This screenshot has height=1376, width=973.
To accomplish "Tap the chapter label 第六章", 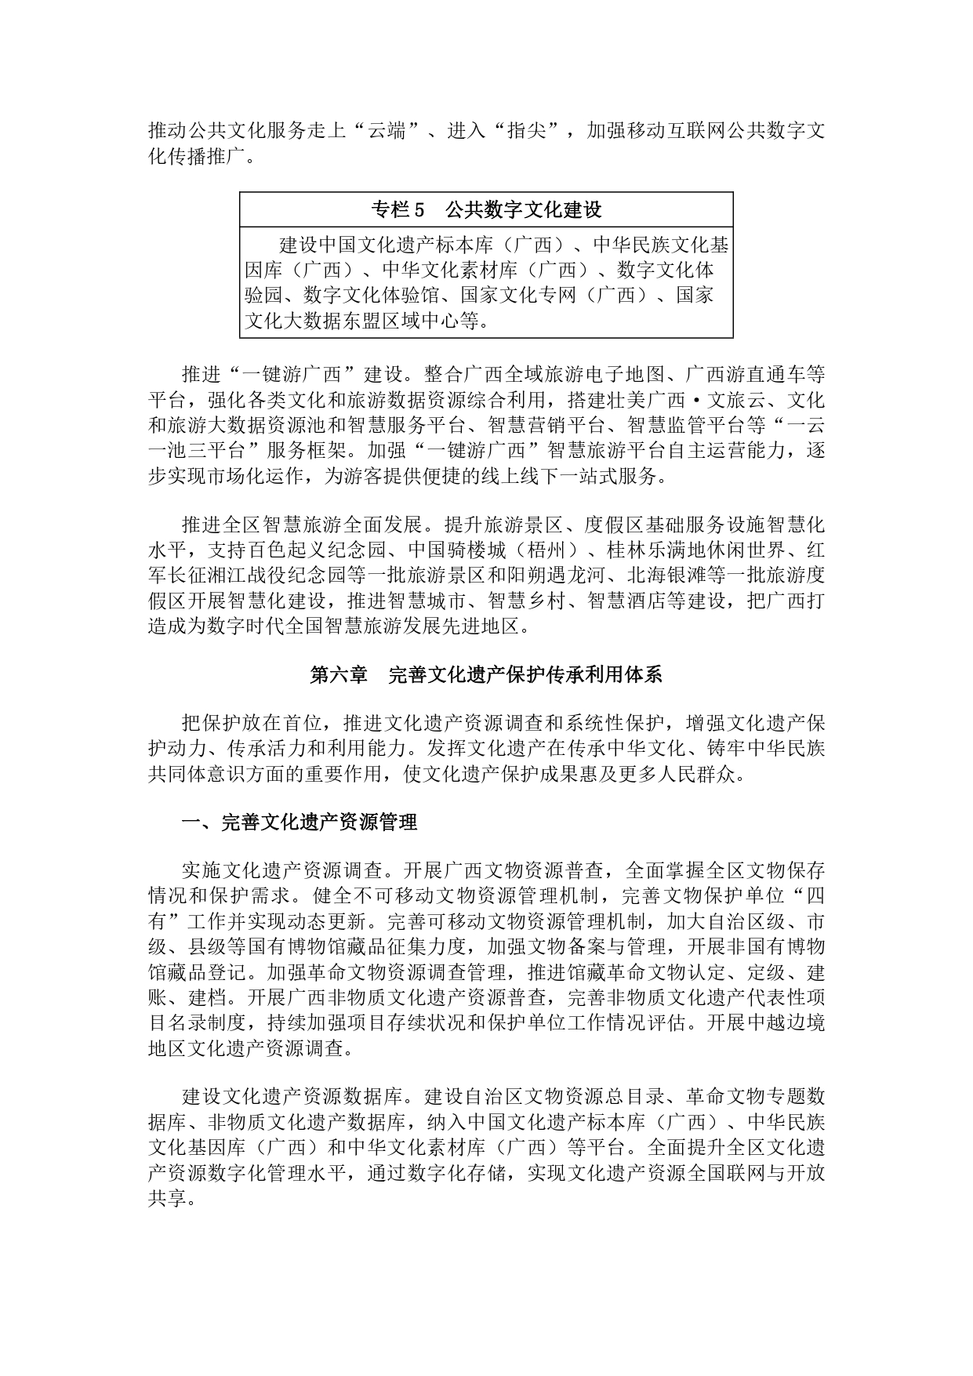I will point(339,675).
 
